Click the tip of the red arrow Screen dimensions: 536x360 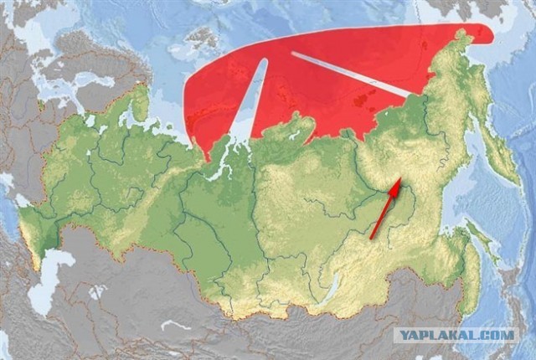pos(399,179)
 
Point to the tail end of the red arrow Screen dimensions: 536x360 pos(372,238)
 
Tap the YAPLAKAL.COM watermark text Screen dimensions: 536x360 pos(456,335)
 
